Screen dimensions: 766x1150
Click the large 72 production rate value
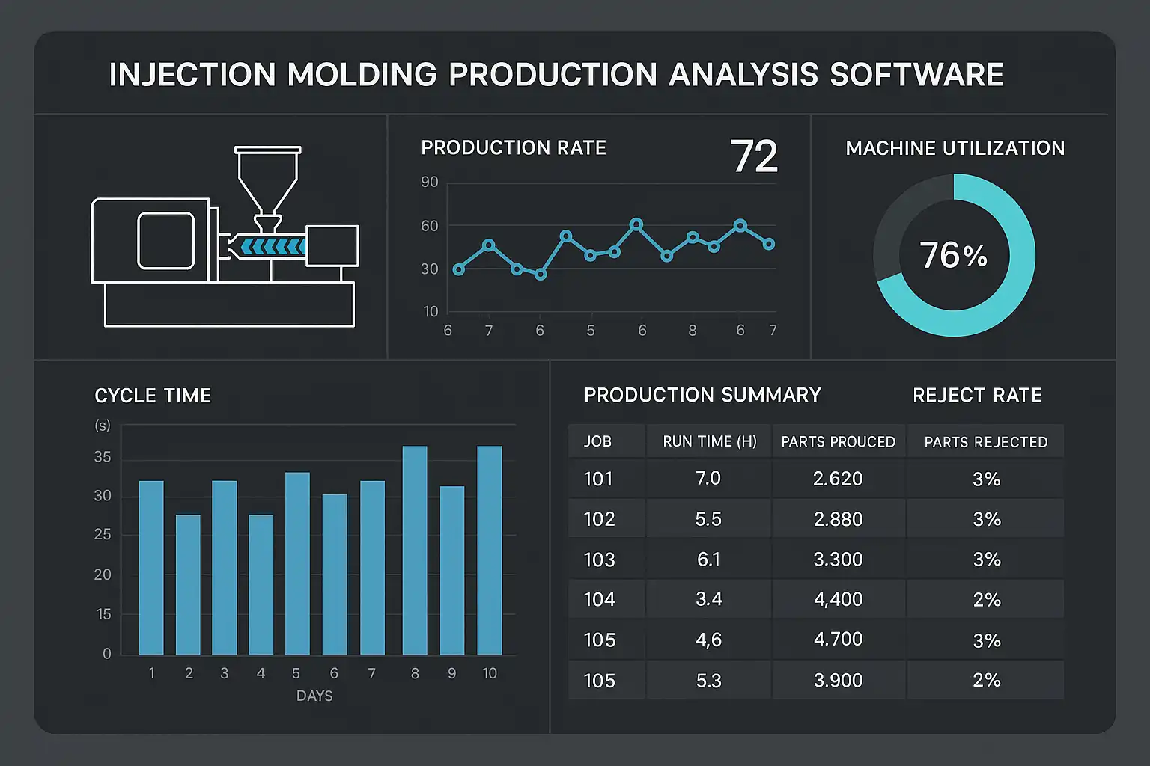(x=754, y=157)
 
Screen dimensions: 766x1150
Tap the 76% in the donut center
(x=953, y=255)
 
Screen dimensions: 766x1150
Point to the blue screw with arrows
(x=273, y=246)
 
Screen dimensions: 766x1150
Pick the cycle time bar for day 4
(x=261, y=584)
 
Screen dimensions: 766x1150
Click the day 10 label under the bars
(x=490, y=673)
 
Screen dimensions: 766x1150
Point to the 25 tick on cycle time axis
(x=103, y=534)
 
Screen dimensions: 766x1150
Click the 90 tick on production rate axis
(x=430, y=182)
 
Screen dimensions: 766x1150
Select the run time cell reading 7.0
(x=708, y=478)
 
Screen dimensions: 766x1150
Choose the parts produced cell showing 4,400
(x=839, y=599)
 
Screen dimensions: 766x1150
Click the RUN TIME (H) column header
(x=710, y=441)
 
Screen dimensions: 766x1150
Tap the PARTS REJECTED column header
(x=985, y=442)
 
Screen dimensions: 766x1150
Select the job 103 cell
(x=599, y=560)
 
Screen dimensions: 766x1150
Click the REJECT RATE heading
(x=977, y=395)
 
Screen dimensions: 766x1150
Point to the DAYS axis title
(x=314, y=696)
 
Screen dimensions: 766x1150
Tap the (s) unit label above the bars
(x=103, y=425)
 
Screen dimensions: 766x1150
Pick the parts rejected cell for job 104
(x=986, y=600)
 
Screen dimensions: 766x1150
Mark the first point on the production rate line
(x=459, y=269)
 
